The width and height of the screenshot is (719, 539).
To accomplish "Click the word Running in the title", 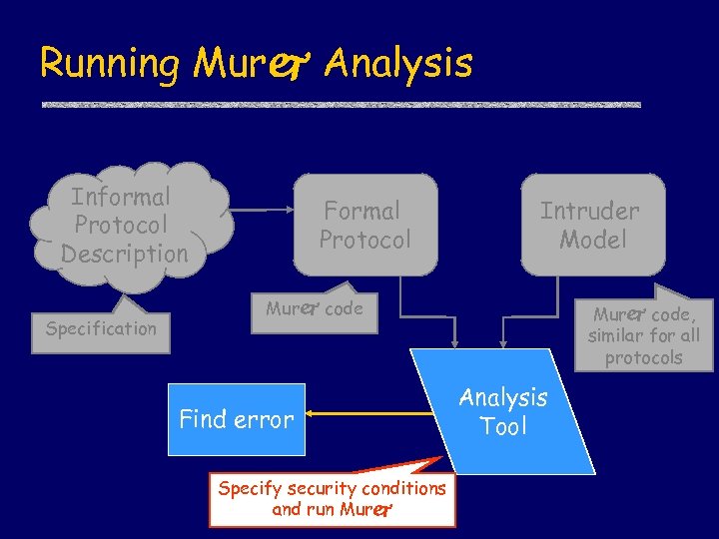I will coord(109,64).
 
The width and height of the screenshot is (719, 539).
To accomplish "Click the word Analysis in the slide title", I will coord(398,64).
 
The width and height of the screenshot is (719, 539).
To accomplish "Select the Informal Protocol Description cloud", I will coord(124,226).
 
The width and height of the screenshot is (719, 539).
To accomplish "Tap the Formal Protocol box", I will coord(365,225).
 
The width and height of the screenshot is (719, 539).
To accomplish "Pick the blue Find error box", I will coord(236,419).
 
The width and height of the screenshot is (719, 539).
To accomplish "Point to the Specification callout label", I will coord(102,328).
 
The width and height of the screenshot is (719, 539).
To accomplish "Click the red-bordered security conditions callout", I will coord(333,499).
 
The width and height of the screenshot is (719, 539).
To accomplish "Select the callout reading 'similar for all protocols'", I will coord(643,334).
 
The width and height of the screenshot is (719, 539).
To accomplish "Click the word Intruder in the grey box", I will coord(589,211).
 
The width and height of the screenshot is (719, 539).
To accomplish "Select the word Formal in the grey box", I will coord(361,211).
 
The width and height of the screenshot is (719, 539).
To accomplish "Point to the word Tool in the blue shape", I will coord(503,427).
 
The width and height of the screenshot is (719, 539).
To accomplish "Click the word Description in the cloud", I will coord(124,254).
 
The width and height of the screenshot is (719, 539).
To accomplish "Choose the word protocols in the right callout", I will coord(643,357).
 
